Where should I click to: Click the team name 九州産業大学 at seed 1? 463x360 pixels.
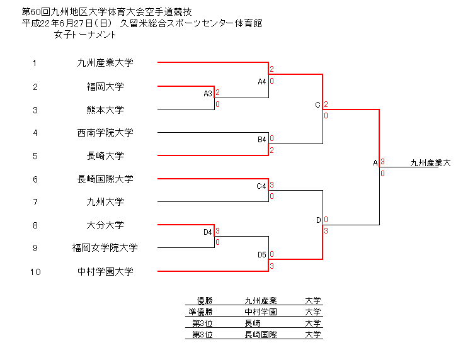click(x=105, y=63)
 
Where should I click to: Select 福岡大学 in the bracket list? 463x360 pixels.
click(x=105, y=86)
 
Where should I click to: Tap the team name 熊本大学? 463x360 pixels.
click(x=105, y=110)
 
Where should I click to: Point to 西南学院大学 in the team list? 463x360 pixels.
click(x=105, y=133)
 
